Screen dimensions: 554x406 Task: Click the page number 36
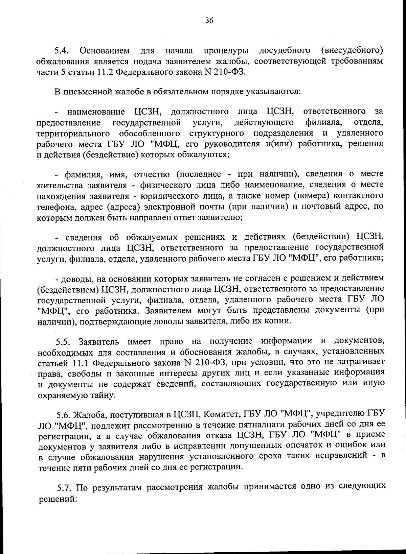[209, 21]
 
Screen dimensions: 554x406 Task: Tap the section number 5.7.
[64, 487]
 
